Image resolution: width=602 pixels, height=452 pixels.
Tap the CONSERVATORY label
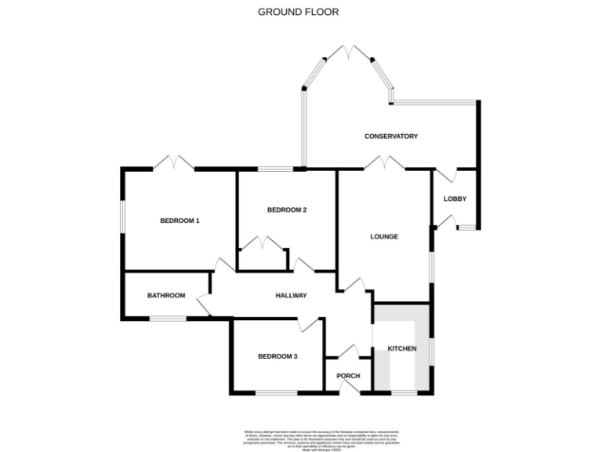(391, 137)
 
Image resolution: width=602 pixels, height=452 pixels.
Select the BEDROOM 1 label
(180, 221)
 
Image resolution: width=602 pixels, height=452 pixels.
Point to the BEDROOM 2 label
(286, 210)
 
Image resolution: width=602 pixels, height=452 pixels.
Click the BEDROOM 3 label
(277, 356)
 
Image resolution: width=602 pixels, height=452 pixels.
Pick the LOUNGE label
(384, 236)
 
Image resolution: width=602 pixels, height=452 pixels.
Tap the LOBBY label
(455, 199)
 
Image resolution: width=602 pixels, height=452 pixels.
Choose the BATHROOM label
(166, 295)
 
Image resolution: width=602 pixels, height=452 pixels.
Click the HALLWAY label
(290, 295)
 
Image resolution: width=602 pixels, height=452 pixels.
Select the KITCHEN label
(401, 348)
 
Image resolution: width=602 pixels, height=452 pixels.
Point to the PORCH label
(348, 376)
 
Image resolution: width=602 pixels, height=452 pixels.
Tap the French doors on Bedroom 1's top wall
(173, 163)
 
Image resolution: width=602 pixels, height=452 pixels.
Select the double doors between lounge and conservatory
(384, 164)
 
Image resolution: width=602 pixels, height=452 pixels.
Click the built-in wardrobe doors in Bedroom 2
(263, 244)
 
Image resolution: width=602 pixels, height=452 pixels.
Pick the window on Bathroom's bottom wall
(168, 318)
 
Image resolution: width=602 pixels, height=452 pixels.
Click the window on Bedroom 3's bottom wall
(276, 392)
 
